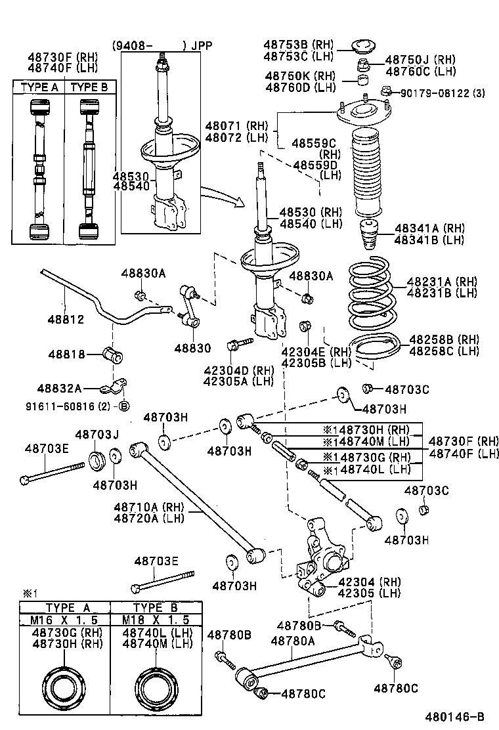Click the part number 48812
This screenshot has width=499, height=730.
tap(65, 320)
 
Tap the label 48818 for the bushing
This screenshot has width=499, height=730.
tap(66, 354)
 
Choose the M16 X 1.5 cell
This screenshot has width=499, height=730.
tap(64, 620)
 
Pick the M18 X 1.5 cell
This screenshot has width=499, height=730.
tap(156, 620)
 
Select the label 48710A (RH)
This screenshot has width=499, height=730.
tap(150, 507)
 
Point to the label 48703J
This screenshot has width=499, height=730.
tap(97, 435)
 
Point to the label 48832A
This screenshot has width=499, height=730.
tap(59, 389)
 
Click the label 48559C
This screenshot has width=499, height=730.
tap(314, 142)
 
